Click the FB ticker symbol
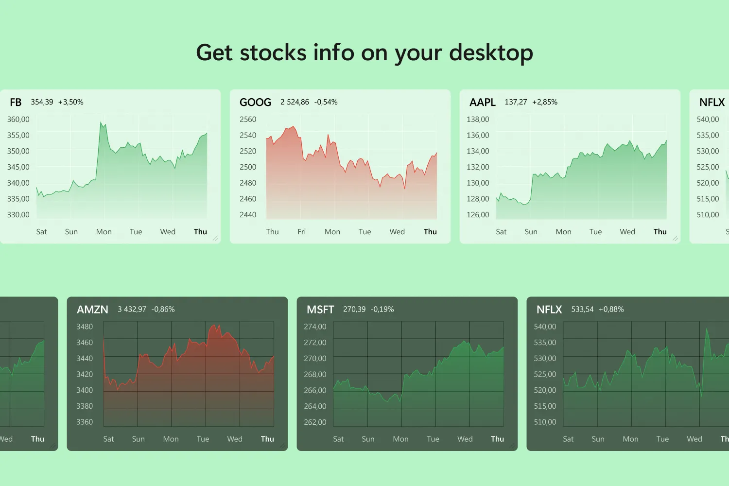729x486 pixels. click(x=16, y=102)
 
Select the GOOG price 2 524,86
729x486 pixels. click(x=295, y=102)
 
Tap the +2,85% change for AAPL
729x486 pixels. click(x=545, y=102)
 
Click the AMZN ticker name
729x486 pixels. click(x=92, y=310)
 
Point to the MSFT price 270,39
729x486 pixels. click(x=354, y=309)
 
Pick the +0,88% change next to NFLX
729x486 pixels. click(x=611, y=309)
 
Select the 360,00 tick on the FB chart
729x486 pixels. click(x=18, y=120)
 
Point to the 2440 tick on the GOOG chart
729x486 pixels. click(x=248, y=215)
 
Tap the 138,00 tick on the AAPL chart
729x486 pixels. click(x=478, y=120)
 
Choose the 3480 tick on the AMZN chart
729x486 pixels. click(x=85, y=327)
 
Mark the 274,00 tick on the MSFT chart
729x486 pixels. click(x=315, y=327)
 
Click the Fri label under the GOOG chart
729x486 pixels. click(x=302, y=232)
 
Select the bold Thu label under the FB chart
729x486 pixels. click(x=200, y=232)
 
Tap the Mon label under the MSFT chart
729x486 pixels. click(x=400, y=439)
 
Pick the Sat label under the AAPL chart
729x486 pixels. click(x=501, y=232)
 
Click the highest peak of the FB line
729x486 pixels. click(x=101, y=122)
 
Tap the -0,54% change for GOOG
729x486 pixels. click(x=326, y=102)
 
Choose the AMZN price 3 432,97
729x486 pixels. click(x=132, y=309)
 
